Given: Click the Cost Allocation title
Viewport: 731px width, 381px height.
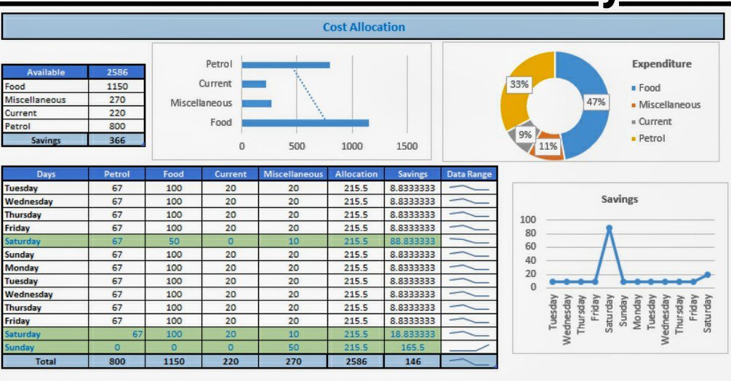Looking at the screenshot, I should (364, 28).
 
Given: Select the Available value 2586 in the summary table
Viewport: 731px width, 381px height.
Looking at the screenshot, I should (116, 72).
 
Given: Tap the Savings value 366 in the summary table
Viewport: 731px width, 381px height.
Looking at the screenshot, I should (116, 140).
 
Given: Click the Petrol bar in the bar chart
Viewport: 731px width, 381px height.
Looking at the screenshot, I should (285, 65).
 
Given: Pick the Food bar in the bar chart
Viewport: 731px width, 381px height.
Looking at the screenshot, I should (305, 123).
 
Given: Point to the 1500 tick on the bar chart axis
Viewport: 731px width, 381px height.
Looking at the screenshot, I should (407, 146).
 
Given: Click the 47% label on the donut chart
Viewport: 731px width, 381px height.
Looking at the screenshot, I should (596, 103).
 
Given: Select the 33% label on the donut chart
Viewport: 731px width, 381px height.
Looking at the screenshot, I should (519, 84).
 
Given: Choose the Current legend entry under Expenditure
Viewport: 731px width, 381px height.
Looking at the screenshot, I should (655, 121).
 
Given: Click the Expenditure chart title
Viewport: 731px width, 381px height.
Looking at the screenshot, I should (661, 64).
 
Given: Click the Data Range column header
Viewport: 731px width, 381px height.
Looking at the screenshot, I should (469, 175).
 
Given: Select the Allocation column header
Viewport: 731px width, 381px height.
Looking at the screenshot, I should (356, 175).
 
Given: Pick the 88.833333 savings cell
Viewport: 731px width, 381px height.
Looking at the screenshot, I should (412, 241).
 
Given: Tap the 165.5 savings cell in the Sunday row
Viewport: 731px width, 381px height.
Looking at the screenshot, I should (412, 348).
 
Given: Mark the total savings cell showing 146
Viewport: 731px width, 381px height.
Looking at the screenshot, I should (412, 361).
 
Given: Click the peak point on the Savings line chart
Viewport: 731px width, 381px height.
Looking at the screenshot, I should (609, 228).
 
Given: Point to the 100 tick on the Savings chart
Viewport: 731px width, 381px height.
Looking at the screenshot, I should (528, 220).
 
